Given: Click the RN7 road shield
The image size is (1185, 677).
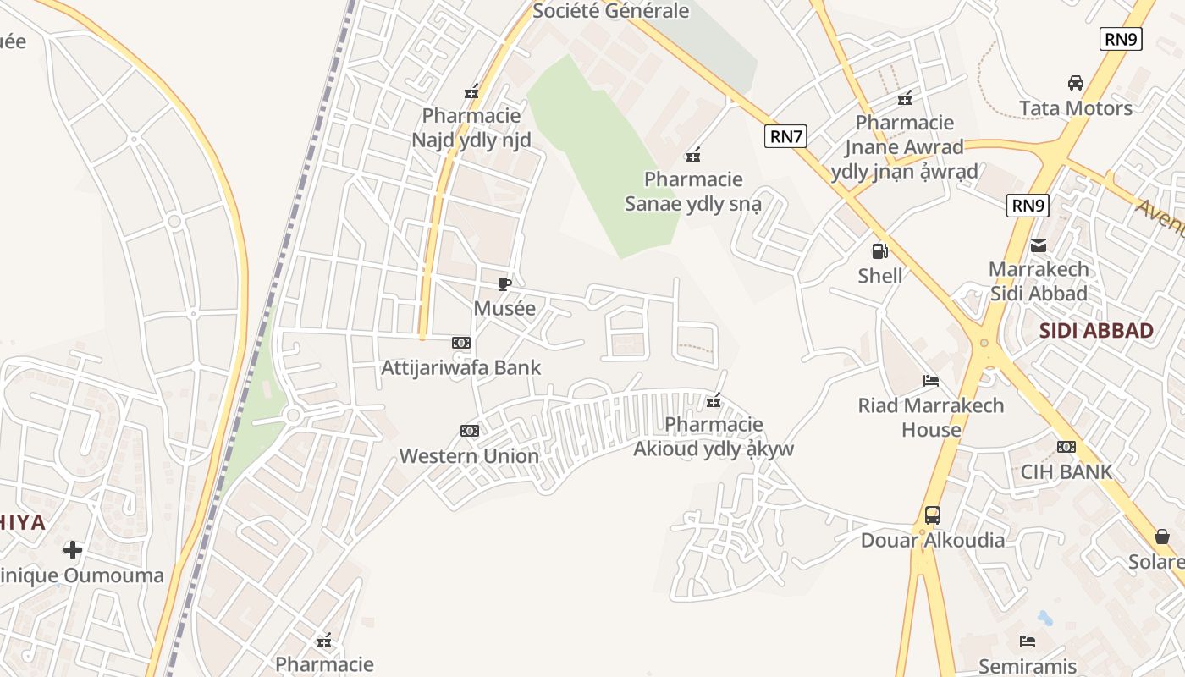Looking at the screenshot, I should pyautogui.click(x=785, y=136).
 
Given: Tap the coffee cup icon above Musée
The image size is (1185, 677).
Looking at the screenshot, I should pyautogui.click(x=504, y=283).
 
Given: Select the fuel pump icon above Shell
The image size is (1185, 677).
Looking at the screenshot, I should pyautogui.click(x=879, y=250).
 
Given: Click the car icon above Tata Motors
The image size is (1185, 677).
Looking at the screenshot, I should pyautogui.click(x=1076, y=83).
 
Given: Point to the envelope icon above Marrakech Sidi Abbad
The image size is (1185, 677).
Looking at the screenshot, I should pyautogui.click(x=1039, y=245).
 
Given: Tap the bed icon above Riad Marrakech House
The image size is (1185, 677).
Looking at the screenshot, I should pyautogui.click(x=931, y=381).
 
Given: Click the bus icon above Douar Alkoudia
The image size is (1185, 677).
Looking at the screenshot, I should pyautogui.click(x=933, y=515).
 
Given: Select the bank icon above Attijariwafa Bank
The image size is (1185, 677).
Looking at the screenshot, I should pyautogui.click(x=460, y=343).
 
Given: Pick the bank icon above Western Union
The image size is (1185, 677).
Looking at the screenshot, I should pyautogui.click(x=469, y=431).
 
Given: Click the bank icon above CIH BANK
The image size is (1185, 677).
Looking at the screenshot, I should pyautogui.click(x=1066, y=446).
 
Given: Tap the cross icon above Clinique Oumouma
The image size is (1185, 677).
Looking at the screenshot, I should pyautogui.click(x=73, y=550).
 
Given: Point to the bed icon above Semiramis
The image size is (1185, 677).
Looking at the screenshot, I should pyautogui.click(x=1028, y=641).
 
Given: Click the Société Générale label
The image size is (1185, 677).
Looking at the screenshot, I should pyautogui.click(x=610, y=11).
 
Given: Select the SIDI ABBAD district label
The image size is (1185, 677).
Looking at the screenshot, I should pyautogui.click(x=1096, y=331).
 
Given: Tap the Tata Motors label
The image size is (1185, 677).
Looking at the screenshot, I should pyautogui.click(x=1076, y=108).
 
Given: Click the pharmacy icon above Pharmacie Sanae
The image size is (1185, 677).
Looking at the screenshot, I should pyautogui.click(x=693, y=154).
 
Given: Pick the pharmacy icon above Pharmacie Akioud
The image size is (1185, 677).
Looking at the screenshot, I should pyautogui.click(x=714, y=399).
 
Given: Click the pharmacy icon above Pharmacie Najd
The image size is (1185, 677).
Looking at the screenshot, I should pyautogui.click(x=471, y=91).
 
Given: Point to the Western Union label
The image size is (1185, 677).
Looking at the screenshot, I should pyautogui.click(x=469, y=456).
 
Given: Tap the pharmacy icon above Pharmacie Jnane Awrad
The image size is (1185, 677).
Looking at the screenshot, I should pyautogui.click(x=905, y=98).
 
